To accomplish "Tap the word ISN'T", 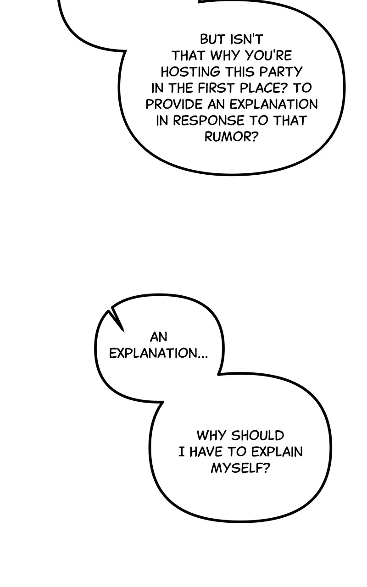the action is [x=246, y=39].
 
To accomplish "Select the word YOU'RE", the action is [x=269, y=55].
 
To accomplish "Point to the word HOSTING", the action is [x=190, y=72].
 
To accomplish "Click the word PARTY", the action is [x=281, y=72].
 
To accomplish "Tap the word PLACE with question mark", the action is [x=263, y=89].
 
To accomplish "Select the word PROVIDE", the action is [x=174, y=105].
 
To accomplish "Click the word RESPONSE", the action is [x=209, y=121].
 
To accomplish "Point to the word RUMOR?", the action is [x=232, y=137].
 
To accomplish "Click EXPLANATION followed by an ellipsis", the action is [x=159, y=354].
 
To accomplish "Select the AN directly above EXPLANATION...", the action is [x=159, y=337].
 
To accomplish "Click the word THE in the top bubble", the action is [x=181, y=89].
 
